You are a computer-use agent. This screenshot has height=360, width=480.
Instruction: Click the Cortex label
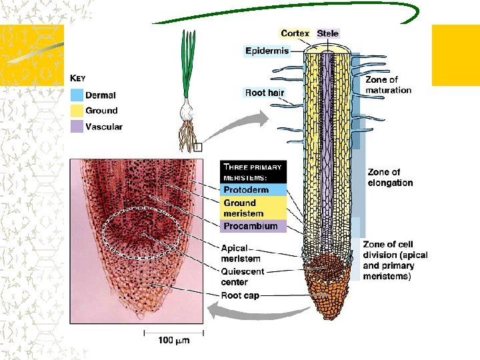[x=295, y=33]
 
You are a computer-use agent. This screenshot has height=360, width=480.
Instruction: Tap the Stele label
[x=328, y=33]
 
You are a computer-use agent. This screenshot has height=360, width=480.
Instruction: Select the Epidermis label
[x=267, y=51]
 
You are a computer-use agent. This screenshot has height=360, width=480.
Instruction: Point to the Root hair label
[x=265, y=93]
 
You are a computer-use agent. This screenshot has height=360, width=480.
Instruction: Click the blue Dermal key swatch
[x=77, y=95]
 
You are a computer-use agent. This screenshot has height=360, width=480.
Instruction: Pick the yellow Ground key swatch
[x=77, y=111]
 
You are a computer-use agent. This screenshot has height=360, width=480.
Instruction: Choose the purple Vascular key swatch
[x=77, y=126]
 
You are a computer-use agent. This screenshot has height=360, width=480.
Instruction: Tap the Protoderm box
[x=253, y=190]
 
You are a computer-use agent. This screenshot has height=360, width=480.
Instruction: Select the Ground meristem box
[x=253, y=208]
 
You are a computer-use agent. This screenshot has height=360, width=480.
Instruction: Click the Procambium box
[x=253, y=226]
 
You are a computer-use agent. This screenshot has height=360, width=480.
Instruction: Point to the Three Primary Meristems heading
[x=253, y=171]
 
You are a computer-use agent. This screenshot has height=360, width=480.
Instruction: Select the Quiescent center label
[x=243, y=277]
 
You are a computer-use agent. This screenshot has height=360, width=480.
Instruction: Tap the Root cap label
[x=241, y=295]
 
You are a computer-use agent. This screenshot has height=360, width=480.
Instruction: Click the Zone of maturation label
[x=388, y=85]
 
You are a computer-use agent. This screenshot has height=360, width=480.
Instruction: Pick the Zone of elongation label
[x=390, y=177]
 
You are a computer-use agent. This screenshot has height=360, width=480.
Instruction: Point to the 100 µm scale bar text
[x=174, y=341]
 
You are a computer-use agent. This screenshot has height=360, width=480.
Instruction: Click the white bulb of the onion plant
[x=189, y=106]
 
